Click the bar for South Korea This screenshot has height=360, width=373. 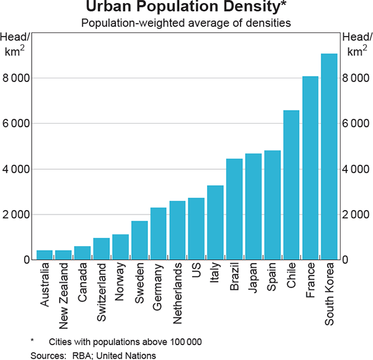click(329, 157)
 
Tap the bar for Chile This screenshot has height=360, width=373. click(291, 185)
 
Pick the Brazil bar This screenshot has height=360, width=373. click(234, 209)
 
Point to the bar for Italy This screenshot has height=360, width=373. click(215, 222)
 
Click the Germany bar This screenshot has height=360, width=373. click(159, 233)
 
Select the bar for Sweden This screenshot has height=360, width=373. click(139, 240)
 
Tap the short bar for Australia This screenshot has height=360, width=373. click(45, 255)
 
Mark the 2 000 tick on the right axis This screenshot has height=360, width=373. click(357, 215)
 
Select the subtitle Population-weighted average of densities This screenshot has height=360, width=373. click(186, 25)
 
